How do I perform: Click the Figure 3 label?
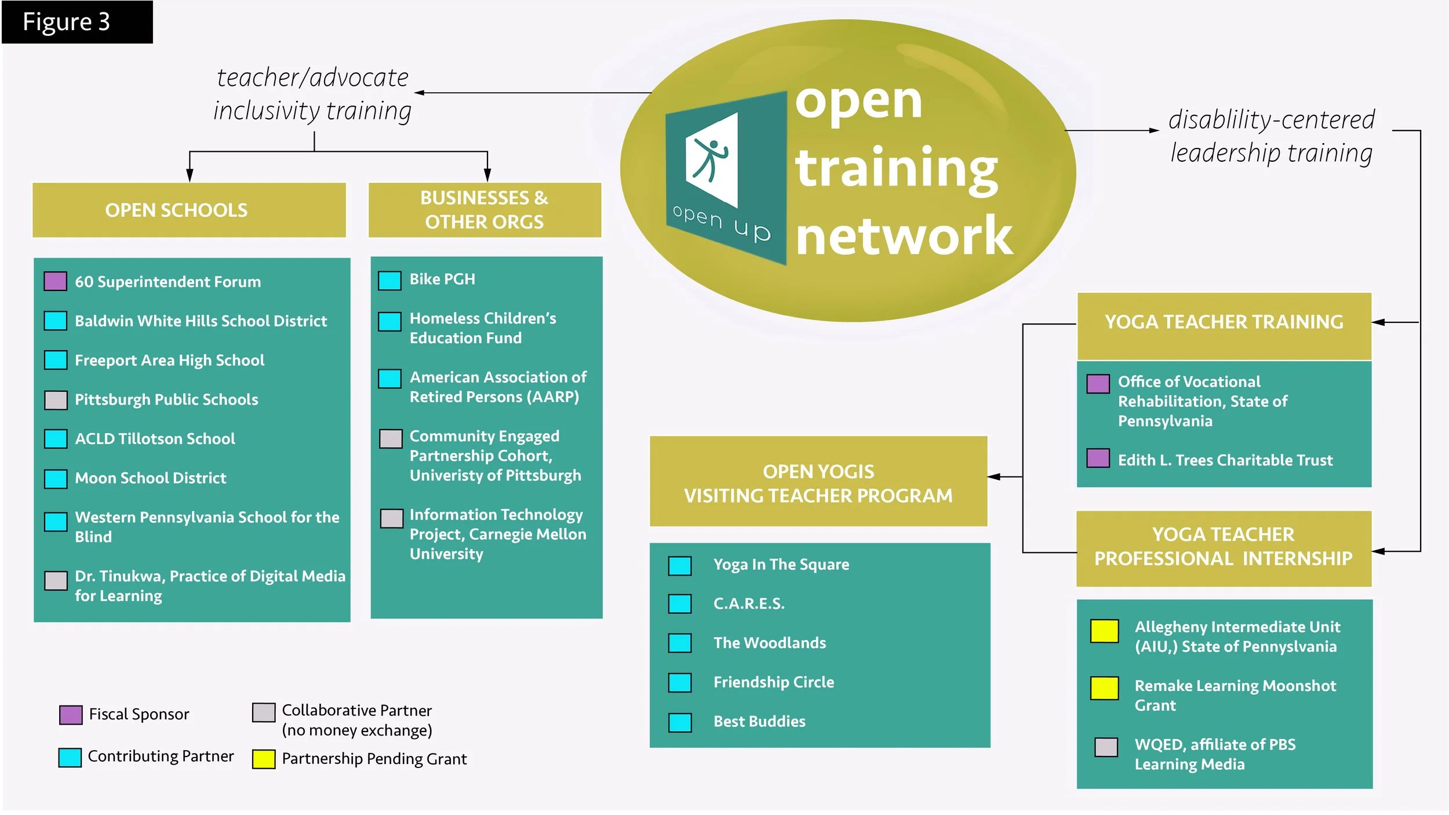pos(67,22)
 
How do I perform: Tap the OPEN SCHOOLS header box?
pos(189,210)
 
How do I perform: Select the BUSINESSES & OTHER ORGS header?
pos(485,210)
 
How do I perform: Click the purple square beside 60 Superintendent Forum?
pos(56,282)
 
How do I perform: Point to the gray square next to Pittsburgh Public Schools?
pos(56,400)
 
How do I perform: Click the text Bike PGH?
pos(442,279)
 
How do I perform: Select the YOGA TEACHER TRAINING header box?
pos(1224,322)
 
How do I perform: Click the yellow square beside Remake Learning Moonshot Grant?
pos(1104,688)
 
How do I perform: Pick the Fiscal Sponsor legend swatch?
pos(71,715)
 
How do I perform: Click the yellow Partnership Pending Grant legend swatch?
pos(264,759)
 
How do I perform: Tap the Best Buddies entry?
pos(759,722)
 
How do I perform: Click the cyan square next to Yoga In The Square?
pos(679,566)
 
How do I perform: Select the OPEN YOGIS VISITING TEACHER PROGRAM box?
pos(818,483)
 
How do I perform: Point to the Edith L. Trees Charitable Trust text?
pos(1225,460)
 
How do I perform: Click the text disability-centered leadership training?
pos(1271,136)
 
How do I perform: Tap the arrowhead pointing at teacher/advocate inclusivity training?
pos(418,93)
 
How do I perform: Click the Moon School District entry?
pos(150,478)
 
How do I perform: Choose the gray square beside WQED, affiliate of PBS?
pos(1106,747)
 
